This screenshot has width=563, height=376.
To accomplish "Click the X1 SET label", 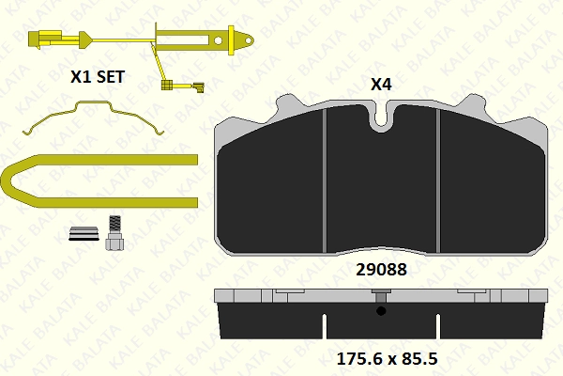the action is coord(98,77).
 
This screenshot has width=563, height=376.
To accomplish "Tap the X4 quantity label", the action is coord(381,85).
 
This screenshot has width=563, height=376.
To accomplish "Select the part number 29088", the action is coord(381,270).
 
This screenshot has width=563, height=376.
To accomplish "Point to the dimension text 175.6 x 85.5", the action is coord(387,359).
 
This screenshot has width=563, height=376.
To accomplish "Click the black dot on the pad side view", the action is coord(381,311).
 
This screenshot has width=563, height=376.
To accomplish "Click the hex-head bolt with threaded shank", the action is coord(114,233).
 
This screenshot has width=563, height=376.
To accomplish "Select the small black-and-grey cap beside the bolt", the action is coord(84,233).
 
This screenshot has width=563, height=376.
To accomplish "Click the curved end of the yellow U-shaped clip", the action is coord(8,181).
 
